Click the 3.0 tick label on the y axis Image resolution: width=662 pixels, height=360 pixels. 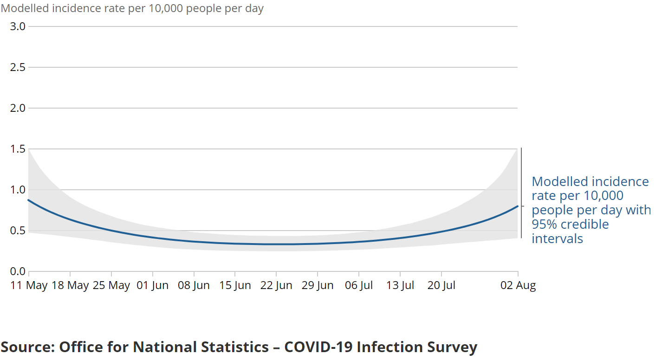click(18, 26)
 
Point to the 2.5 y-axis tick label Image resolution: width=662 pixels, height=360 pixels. click(18, 67)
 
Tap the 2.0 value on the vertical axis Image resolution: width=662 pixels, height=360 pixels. click(18, 108)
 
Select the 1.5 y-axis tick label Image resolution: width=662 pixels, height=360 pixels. click(18, 149)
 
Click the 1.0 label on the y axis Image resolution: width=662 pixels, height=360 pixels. click(18, 190)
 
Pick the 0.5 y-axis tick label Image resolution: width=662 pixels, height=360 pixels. click(18, 231)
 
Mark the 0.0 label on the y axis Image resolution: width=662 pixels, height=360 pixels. click(18, 271)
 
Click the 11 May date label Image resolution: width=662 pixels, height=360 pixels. click(29, 286)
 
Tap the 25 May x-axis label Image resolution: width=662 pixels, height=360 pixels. click(111, 286)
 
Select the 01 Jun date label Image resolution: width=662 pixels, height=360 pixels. click(153, 286)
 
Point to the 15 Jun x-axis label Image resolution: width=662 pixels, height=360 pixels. click(235, 286)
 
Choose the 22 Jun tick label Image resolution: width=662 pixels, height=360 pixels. click(276, 286)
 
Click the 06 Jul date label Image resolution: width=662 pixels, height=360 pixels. click(359, 286)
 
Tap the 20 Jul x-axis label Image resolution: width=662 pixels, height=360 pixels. click(441, 286)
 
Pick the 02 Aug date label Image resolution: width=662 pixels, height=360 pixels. click(518, 286)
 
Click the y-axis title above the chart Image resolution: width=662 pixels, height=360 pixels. click(132, 9)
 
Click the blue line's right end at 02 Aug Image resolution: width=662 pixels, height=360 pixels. click(517, 206)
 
